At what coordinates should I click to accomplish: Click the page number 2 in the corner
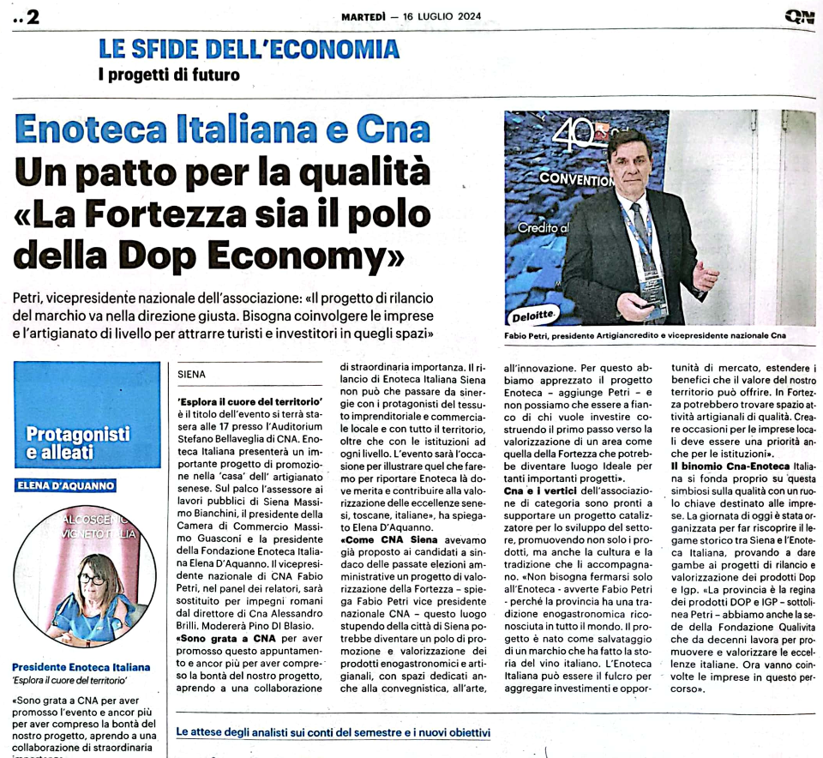point(33,16)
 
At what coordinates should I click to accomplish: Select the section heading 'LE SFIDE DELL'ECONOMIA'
point(237,50)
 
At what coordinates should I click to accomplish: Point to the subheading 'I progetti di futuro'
point(169,75)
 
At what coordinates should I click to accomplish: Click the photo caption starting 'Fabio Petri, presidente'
point(645,336)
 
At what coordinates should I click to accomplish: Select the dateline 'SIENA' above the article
point(192,375)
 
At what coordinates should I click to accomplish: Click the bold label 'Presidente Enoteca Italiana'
point(81,667)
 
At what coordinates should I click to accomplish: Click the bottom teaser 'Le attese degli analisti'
point(333,732)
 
